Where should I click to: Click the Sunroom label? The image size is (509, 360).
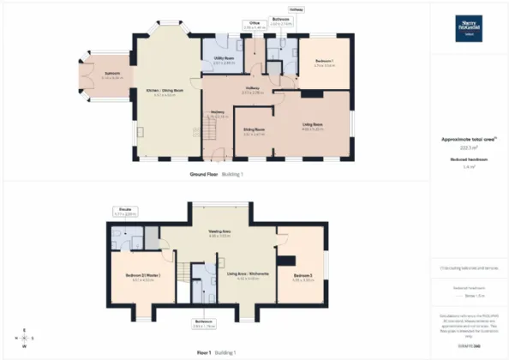pyautogui.click(x=101, y=75)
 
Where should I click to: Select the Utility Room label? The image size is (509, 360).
pyautogui.click(x=224, y=60)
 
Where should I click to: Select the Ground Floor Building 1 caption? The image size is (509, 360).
pyautogui.click(x=217, y=173)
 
